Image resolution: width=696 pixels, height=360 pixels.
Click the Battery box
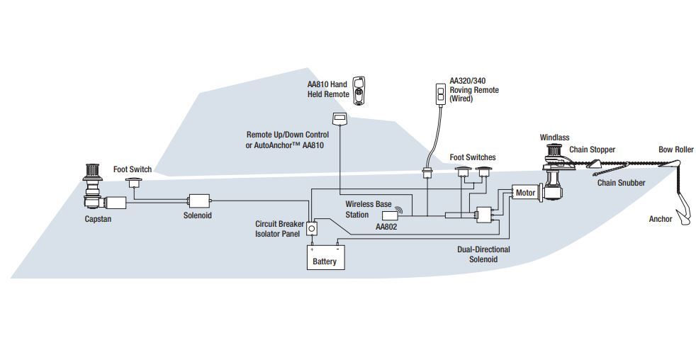click(325, 257)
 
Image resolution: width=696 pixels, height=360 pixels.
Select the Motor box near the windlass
click(525, 193)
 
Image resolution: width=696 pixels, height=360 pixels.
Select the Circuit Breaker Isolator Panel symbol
click(310, 228)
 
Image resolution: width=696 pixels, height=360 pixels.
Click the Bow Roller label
click(675, 150)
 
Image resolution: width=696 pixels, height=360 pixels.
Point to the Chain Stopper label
click(592, 150)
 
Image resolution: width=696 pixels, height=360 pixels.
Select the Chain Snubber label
click(621, 183)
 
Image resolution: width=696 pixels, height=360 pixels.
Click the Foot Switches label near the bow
click(473, 157)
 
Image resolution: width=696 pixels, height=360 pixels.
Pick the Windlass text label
click(554, 137)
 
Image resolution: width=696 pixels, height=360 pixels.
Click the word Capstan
click(98, 219)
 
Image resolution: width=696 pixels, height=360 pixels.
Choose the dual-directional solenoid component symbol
click(485, 215)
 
